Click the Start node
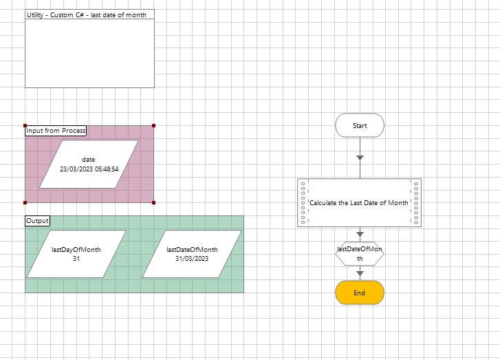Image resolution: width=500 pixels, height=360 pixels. coord(360,126)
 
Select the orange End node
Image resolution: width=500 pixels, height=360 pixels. coord(360,293)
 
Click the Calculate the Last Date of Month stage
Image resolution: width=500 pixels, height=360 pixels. coord(359,202)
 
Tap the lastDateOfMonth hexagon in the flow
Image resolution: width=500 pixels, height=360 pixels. coord(360,254)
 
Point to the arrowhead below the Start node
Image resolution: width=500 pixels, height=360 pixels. coord(360,158)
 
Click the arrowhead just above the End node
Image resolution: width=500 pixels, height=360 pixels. coord(360,274)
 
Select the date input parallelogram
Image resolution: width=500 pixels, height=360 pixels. coord(89,164)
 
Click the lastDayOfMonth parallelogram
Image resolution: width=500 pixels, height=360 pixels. coord(76,254)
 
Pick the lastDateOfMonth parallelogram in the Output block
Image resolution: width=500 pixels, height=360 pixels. coord(192,254)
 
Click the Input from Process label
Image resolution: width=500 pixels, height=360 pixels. coord(56,130)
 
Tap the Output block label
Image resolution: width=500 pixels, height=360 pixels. coord(37,221)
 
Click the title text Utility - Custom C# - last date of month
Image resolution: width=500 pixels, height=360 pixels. coord(86,15)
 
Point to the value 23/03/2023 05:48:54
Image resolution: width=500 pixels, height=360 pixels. coord(89,169)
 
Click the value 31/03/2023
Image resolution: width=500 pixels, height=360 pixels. coord(192,259)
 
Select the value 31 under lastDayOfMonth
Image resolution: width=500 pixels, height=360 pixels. coord(76,259)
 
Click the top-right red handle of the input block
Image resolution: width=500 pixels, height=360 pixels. coord(153,125)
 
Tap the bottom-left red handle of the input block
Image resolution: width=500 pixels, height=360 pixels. coord(25,202)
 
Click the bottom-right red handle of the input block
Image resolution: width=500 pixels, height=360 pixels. coord(153,202)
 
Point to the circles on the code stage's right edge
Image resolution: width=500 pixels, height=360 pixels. coord(416,202)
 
